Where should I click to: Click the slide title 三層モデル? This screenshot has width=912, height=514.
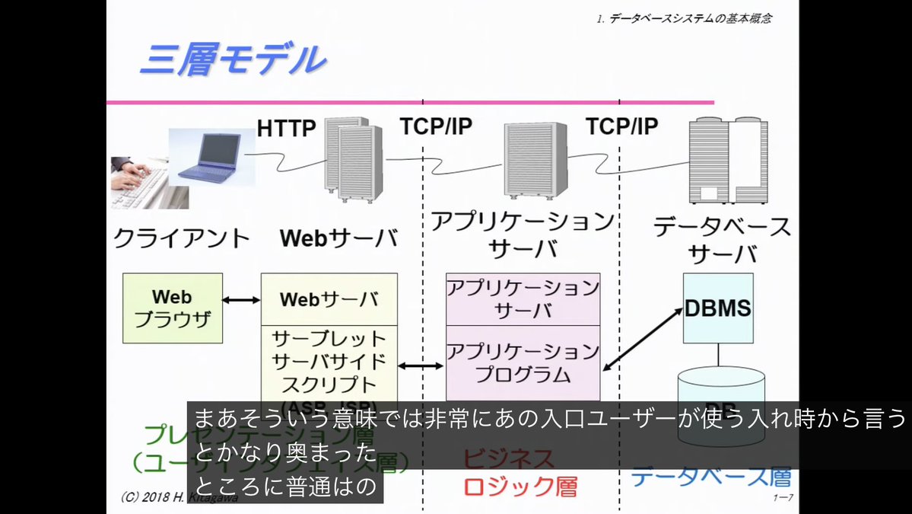(233, 60)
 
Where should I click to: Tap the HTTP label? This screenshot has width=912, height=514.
(286, 128)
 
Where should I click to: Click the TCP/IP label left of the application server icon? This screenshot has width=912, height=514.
(436, 126)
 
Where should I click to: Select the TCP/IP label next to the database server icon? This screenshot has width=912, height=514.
(621, 126)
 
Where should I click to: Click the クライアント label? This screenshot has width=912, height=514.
(181, 238)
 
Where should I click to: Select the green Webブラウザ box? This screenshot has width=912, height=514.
(173, 308)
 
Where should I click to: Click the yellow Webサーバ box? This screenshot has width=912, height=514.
(329, 299)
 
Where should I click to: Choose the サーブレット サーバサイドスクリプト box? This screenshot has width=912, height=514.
(329, 361)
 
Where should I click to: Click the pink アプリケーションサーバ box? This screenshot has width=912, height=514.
(523, 299)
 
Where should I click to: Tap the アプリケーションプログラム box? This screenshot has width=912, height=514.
(523, 362)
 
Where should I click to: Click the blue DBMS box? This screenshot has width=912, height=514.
(718, 308)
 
